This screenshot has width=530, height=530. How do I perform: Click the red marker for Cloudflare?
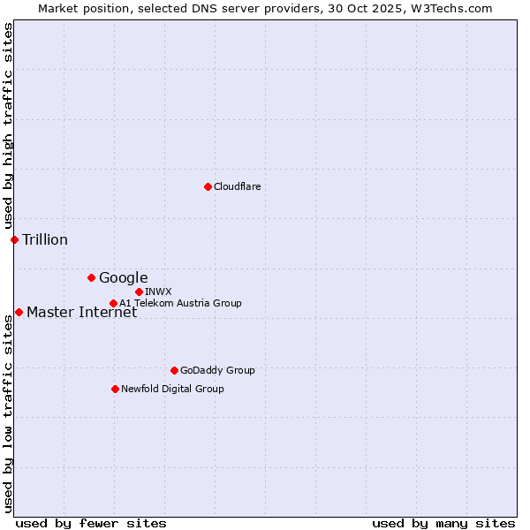tap(208, 186)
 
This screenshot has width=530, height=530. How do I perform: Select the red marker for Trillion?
tap(14, 239)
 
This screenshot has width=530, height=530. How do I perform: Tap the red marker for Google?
tap(91, 277)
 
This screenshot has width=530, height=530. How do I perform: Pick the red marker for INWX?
tap(139, 291)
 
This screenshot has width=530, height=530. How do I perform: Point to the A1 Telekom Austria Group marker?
tap(113, 303)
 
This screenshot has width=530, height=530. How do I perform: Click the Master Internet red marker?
tap(19, 312)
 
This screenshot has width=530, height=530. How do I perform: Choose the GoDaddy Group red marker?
tap(174, 370)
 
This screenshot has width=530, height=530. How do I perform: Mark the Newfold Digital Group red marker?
tap(115, 389)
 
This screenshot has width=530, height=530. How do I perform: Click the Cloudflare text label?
tap(238, 186)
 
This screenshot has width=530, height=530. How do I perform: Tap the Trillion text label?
tap(45, 239)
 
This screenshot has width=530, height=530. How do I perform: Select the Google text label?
tap(124, 277)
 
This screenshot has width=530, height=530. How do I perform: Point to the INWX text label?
tap(159, 291)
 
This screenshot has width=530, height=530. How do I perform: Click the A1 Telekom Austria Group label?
tap(180, 303)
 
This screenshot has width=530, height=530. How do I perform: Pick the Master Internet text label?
tap(81, 312)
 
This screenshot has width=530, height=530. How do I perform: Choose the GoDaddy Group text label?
tap(217, 370)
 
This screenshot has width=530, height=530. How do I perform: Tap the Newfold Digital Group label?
tap(172, 389)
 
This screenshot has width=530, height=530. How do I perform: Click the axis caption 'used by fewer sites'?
tap(91, 523)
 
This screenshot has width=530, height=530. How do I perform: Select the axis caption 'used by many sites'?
tap(443, 523)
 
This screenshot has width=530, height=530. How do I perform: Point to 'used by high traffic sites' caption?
tap(8, 125)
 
